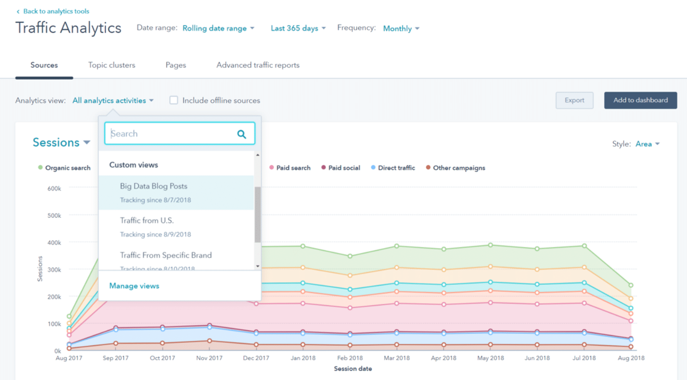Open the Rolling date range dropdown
point(218,28)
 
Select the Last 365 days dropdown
point(298,28)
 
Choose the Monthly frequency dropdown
point(401,28)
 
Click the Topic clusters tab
point(111,65)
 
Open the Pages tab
point(175,65)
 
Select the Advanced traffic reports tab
point(258,65)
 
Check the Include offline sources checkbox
point(174,100)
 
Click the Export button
point(574,100)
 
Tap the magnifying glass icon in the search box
point(242,134)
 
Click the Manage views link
point(134,286)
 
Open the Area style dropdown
point(647,144)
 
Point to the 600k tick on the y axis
point(54,188)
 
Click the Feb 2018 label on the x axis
point(350,358)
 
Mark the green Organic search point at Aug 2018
point(630,285)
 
